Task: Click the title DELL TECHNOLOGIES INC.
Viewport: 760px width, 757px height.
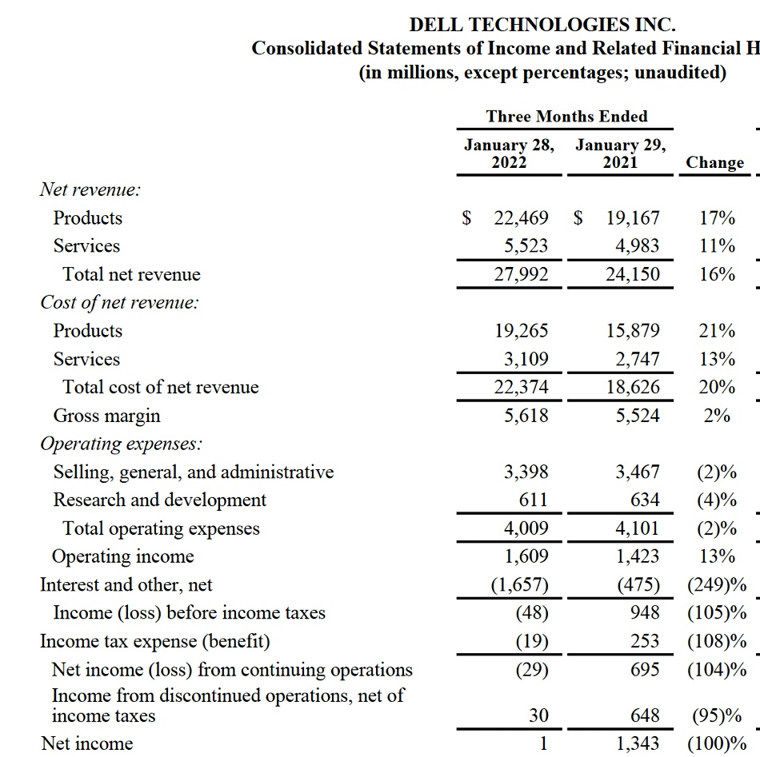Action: pos(542,25)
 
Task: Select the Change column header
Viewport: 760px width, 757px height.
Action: pos(714,162)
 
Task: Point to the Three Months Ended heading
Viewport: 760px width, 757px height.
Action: pos(566,117)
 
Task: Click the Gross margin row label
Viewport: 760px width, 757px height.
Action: pos(106,416)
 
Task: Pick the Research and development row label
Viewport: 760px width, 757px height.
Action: pos(159,500)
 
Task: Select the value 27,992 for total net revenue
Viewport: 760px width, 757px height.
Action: pos(521,274)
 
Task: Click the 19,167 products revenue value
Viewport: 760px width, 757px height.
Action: pos(632,218)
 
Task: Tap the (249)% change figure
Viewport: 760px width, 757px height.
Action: pos(717,585)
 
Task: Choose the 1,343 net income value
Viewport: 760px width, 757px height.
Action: pos(638,744)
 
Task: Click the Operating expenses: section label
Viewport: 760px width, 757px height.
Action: pos(122,444)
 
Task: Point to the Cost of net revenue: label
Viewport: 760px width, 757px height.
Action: pos(119,303)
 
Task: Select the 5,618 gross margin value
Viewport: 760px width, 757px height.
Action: pos(526,416)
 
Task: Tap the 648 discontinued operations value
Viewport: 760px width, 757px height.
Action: pos(645,716)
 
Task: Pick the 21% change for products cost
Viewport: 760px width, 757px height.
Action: pos(717,331)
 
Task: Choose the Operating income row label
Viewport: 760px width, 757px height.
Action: pos(122,556)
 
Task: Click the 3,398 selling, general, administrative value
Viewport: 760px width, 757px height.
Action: pos(526,472)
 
